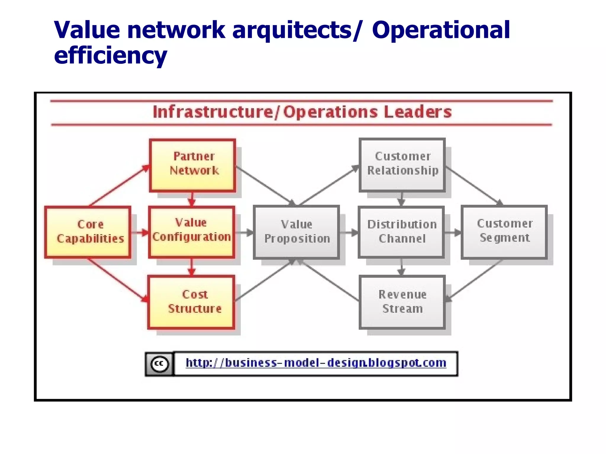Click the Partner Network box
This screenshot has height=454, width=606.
click(192, 166)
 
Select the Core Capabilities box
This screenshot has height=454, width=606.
click(88, 232)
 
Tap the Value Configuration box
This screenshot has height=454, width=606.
click(192, 232)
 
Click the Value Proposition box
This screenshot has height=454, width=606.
click(296, 232)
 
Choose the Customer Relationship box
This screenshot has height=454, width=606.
click(402, 165)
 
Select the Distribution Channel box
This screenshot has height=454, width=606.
click(401, 232)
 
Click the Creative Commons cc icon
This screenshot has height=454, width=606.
click(159, 364)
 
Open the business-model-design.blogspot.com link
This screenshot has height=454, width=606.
click(316, 363)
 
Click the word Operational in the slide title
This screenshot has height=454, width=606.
click(441, 30)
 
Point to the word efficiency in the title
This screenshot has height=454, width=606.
click(110, 56)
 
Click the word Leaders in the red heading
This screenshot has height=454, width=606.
click(418, 112)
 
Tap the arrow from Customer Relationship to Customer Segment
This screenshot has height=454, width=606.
click(473, 185)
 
